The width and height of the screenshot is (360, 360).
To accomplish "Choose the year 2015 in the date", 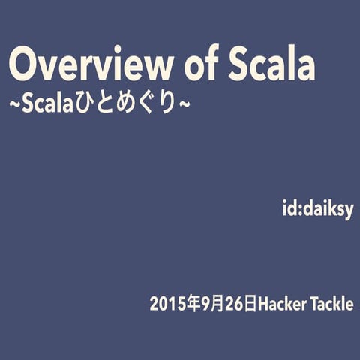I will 168,305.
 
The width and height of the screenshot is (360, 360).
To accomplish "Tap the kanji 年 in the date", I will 193,305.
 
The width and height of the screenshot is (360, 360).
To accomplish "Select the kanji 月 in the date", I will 217,305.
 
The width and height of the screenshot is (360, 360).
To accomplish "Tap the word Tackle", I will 330,305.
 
